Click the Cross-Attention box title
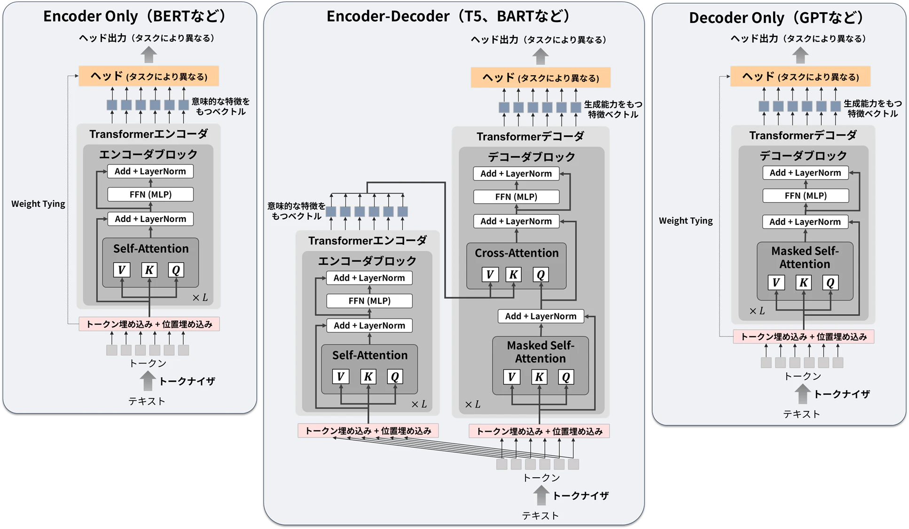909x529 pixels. (517, 253)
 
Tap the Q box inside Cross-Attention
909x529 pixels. (541, 275)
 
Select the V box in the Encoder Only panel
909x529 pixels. (121, 270)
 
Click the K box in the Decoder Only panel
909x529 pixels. (804, 283)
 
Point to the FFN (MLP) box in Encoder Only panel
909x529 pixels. (150, 194)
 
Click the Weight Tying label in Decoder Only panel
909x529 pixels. (686, 221)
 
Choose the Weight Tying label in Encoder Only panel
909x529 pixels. (38, 204)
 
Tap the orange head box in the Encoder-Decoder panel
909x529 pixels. (541, 78)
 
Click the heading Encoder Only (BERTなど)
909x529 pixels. (134, 16)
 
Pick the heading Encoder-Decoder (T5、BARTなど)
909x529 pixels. (448, 16)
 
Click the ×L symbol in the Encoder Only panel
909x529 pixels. (200, 298)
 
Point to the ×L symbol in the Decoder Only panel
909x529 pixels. (757, 311)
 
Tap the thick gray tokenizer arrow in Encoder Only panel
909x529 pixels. (148, 380)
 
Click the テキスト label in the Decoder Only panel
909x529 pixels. (801, 414)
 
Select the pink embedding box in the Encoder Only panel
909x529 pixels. (149, 324)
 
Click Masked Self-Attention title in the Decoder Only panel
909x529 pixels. (805, 257)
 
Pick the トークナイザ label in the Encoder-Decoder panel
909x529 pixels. (580, 496)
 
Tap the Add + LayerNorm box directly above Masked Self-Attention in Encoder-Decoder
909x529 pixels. (541, 316)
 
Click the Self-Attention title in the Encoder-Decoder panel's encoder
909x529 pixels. (370, 355)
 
